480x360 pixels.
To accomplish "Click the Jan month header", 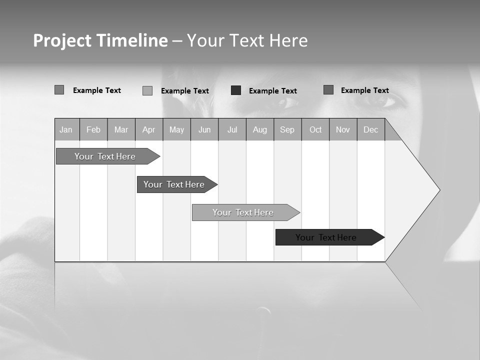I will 66,130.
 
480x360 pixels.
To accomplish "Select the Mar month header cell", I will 121,130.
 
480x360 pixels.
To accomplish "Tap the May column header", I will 176,130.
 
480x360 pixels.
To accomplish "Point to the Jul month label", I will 232,130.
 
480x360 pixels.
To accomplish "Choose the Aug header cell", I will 259,130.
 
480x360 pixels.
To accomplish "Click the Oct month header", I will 315,130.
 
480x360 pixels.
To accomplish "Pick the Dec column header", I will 370,130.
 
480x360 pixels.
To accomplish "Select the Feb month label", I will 93,130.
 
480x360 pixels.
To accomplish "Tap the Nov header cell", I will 343,130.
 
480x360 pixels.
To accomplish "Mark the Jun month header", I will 204,130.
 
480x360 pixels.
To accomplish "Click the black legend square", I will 236,90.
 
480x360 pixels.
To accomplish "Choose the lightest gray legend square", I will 147,90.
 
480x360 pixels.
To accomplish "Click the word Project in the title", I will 62,40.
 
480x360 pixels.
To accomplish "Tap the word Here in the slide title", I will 288,40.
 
